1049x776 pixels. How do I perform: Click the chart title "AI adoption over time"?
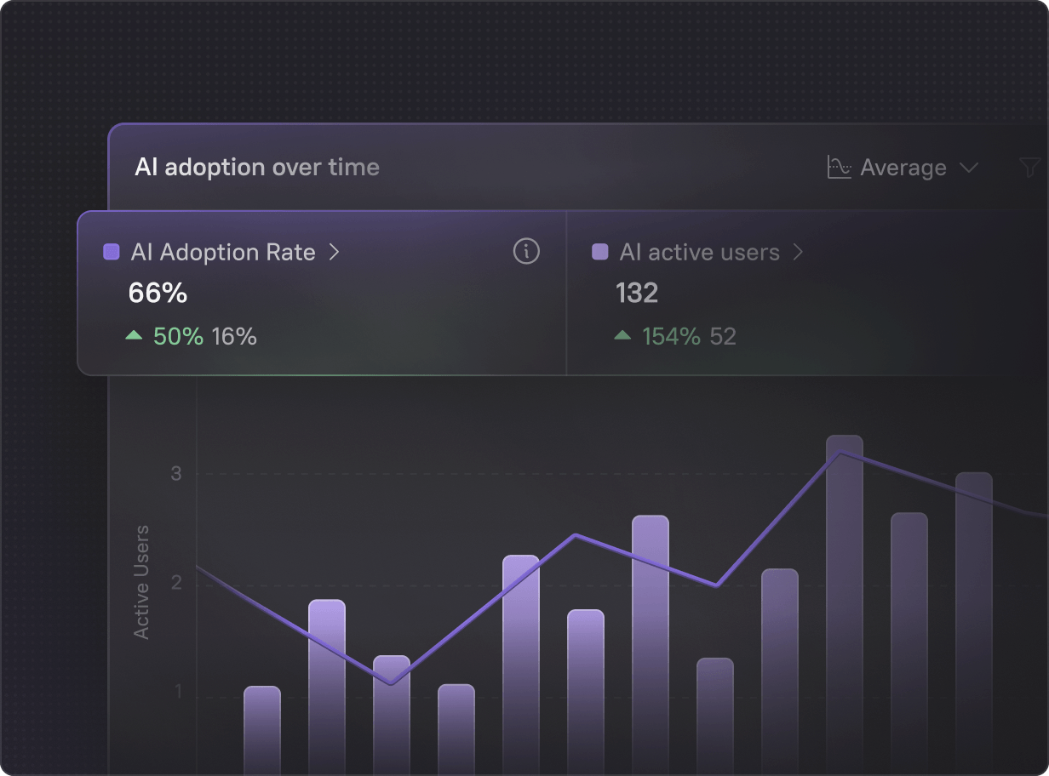(x=257, y=168)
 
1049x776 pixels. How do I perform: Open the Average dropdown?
(x=903, y=168)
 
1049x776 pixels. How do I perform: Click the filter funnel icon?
(x=1030, y=168)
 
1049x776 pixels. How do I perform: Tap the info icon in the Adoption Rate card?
(x=526, y=252)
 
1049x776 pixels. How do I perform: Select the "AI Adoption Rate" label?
(x=223, y=253)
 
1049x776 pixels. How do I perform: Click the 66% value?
(x=158, y=294)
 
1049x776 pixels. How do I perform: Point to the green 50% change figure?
(x=178, y=336)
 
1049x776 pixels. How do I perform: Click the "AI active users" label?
(x=699, y=253)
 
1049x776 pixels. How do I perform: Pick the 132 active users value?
(x=637, y=294)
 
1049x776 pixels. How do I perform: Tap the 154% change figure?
(x=671, y=336)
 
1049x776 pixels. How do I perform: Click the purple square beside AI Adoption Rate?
(x=112, y=252)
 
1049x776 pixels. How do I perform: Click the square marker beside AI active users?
(x=600, y=252)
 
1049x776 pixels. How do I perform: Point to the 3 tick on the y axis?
(x=176, y=473)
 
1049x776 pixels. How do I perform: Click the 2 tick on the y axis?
(x=176, y=583)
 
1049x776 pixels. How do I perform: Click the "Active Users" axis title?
(x=142, y=582)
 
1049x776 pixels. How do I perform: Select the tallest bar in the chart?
(x=844, y=596)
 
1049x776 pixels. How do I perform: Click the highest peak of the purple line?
(x=841, y=453)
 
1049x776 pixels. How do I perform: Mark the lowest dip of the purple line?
(x=391, y=683)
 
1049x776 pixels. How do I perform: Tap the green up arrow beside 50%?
(x=134, y=336)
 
